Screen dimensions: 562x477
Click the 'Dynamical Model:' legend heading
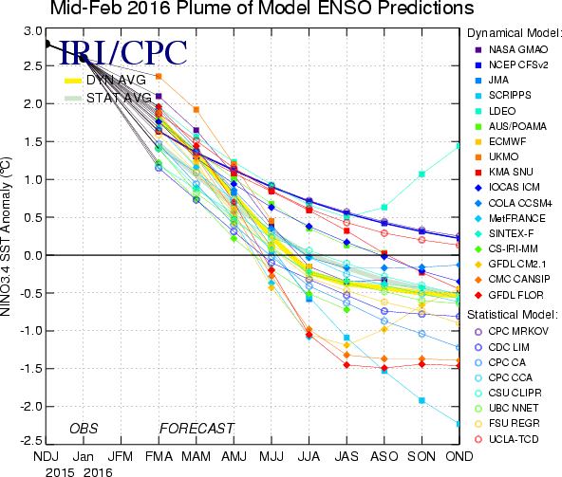[514, 33]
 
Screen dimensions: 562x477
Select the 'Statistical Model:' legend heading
[513, 315]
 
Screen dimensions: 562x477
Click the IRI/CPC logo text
[122, 53]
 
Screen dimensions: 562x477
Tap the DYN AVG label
[116, 80]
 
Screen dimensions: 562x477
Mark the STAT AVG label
[119, 98]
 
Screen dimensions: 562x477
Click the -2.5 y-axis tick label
[31, 440]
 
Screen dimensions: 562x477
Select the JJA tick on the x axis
[309, 456]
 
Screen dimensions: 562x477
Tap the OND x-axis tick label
[459, 456]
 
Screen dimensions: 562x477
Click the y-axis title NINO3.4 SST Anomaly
[6, 237]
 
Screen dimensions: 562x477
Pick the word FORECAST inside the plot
[197, 429]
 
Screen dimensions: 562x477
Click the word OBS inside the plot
[84, 429]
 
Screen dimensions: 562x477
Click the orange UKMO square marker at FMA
[159, 76]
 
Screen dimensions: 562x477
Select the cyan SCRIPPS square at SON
[421, 400]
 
